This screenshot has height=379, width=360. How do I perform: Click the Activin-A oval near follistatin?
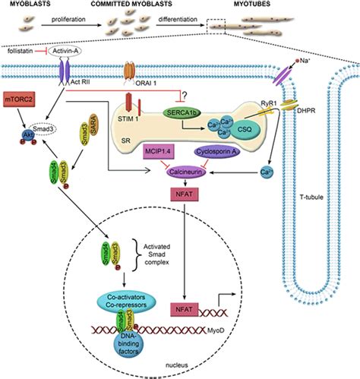(66, 52)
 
